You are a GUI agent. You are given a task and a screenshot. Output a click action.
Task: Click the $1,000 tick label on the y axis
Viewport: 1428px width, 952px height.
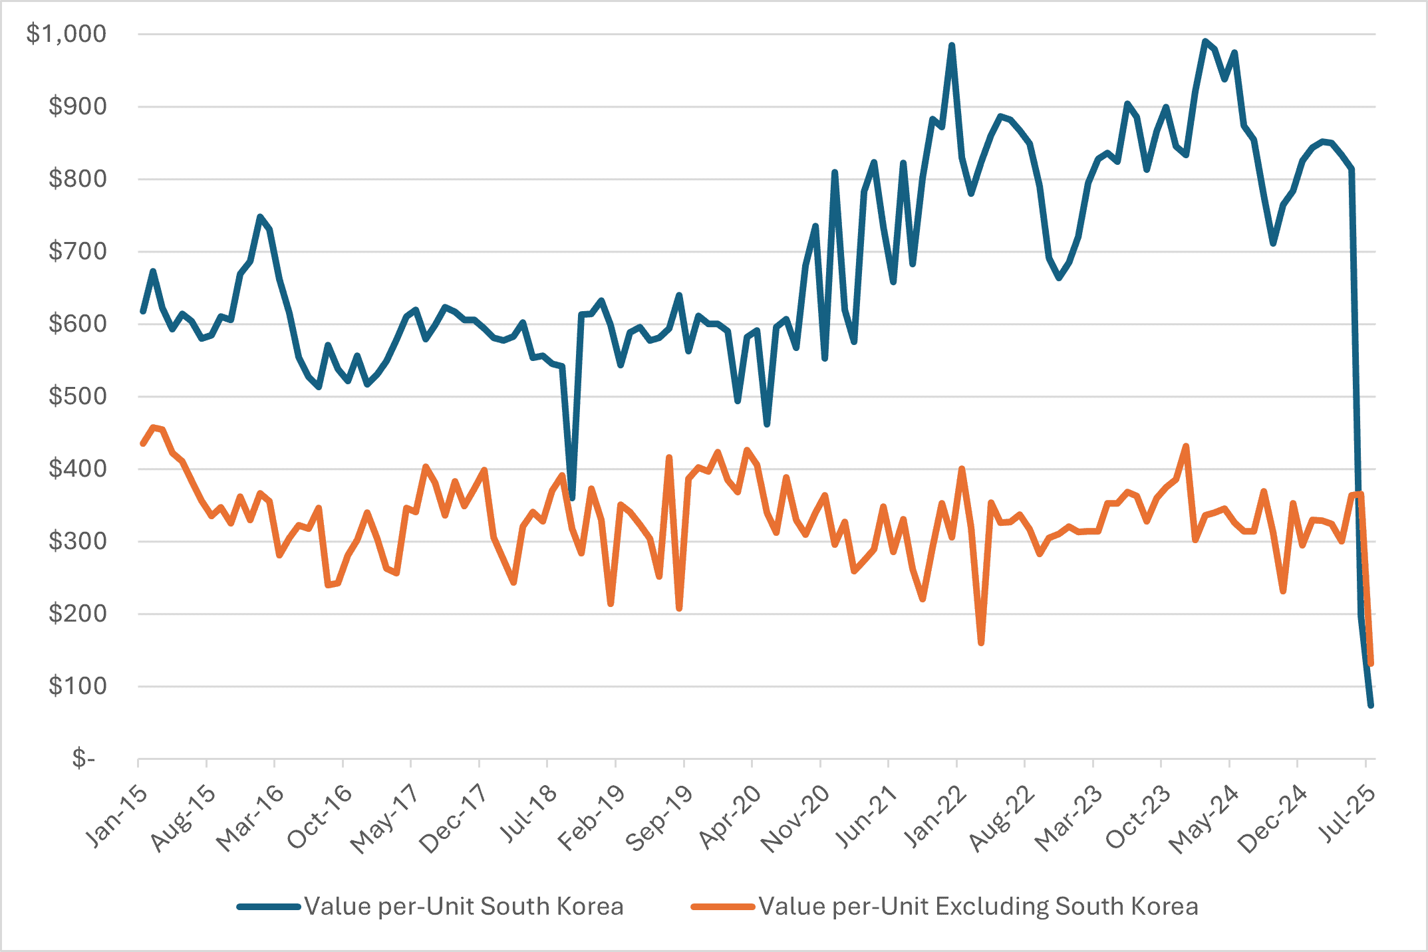(x=66, y=33)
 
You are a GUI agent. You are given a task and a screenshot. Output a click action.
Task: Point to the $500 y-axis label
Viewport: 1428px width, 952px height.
(x=77, y=396)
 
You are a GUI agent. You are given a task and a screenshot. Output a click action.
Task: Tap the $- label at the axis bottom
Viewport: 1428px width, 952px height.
(x=84, y=759)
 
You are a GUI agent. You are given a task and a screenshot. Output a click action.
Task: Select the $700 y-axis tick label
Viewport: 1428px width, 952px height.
(x=77, y=251)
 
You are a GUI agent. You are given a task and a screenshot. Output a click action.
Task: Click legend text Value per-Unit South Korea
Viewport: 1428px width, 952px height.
(x=464, y=907)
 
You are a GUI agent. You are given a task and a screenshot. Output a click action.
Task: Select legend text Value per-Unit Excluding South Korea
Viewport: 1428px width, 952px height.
(x=978, y=907)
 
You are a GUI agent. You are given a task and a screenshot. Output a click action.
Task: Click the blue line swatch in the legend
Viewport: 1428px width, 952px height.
(x=269, y=907)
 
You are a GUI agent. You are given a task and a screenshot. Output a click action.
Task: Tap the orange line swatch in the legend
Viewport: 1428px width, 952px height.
(x=723, y=907)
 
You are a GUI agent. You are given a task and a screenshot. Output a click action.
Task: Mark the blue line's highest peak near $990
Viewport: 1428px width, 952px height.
(x=1205, y=41)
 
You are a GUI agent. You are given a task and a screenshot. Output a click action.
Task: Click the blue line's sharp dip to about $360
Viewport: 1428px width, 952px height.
(x=572, y=498)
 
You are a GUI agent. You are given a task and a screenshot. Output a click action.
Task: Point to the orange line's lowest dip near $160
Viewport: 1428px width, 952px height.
(x=981, y=643)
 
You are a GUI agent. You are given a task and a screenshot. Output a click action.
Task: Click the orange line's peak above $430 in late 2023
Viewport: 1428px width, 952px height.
(x=1186, y=446)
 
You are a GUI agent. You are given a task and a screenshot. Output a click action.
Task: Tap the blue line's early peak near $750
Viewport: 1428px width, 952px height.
(x=260, y=217)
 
